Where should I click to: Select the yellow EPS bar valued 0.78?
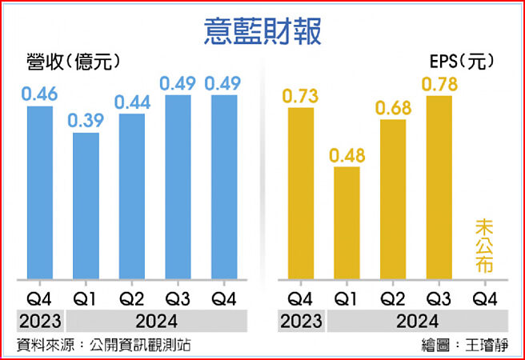(x=439, y=187)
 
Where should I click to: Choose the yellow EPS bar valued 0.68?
(x=393, y=199)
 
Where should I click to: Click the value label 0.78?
(x=439, y=82)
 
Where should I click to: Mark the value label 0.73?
(x=301, y=95)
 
